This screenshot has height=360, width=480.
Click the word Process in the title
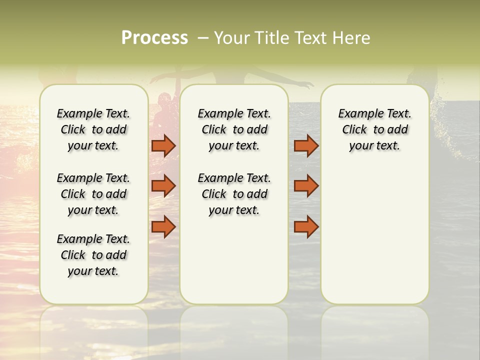pos(154,38)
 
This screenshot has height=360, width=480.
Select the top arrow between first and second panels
pos(163,145)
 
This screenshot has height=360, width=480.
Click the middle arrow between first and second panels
pos(163,186)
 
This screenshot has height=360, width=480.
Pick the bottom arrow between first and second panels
pos(163,227)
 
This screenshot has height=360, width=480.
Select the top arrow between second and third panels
pos(306,145)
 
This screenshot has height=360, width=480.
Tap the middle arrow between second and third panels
pos(306,186)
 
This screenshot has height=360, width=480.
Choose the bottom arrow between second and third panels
pos(306,227)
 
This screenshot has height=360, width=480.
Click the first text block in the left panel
pos(93,129)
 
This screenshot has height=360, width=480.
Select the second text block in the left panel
pos(93,194)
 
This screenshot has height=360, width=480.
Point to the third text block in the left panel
pos(93,255)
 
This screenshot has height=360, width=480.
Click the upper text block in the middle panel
pos(234,129)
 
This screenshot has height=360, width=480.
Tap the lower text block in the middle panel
pos(234,194)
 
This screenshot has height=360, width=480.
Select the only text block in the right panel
pos(375,129)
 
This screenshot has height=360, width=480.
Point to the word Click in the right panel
pos(354,130)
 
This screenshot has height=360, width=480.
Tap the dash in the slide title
pos(203,38)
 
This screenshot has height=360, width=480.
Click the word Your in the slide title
pos(231,38)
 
